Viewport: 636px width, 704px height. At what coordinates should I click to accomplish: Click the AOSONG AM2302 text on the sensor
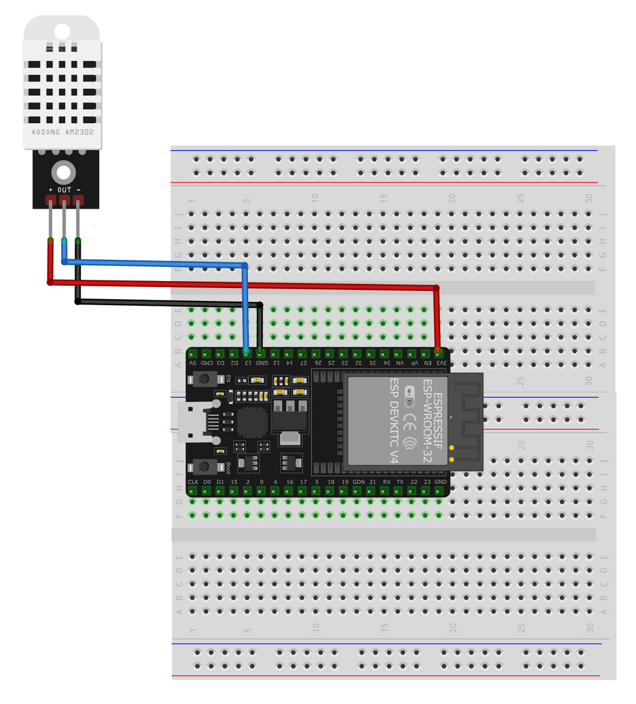62,132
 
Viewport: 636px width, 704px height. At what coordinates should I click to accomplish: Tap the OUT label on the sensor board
64,190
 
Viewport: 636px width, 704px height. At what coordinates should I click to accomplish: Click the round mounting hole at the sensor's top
62,31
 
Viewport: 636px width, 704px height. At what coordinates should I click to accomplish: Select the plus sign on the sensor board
50,190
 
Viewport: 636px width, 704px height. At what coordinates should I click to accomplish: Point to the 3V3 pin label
441,363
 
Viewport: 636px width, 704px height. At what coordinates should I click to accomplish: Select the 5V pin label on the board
192,363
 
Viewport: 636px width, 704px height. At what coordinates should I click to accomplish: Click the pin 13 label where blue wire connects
248,363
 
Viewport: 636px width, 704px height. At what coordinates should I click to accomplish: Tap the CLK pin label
193,482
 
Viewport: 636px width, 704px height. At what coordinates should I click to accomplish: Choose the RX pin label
386,482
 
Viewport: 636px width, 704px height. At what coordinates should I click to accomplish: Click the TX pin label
400,482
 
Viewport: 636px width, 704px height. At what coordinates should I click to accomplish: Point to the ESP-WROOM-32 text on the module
427,421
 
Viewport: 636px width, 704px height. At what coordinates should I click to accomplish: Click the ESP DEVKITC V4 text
394,421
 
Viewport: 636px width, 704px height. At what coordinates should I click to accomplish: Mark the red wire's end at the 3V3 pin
438,351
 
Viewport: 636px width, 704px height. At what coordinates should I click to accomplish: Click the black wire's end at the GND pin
260,351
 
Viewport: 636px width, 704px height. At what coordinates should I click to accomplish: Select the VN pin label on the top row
400,363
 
